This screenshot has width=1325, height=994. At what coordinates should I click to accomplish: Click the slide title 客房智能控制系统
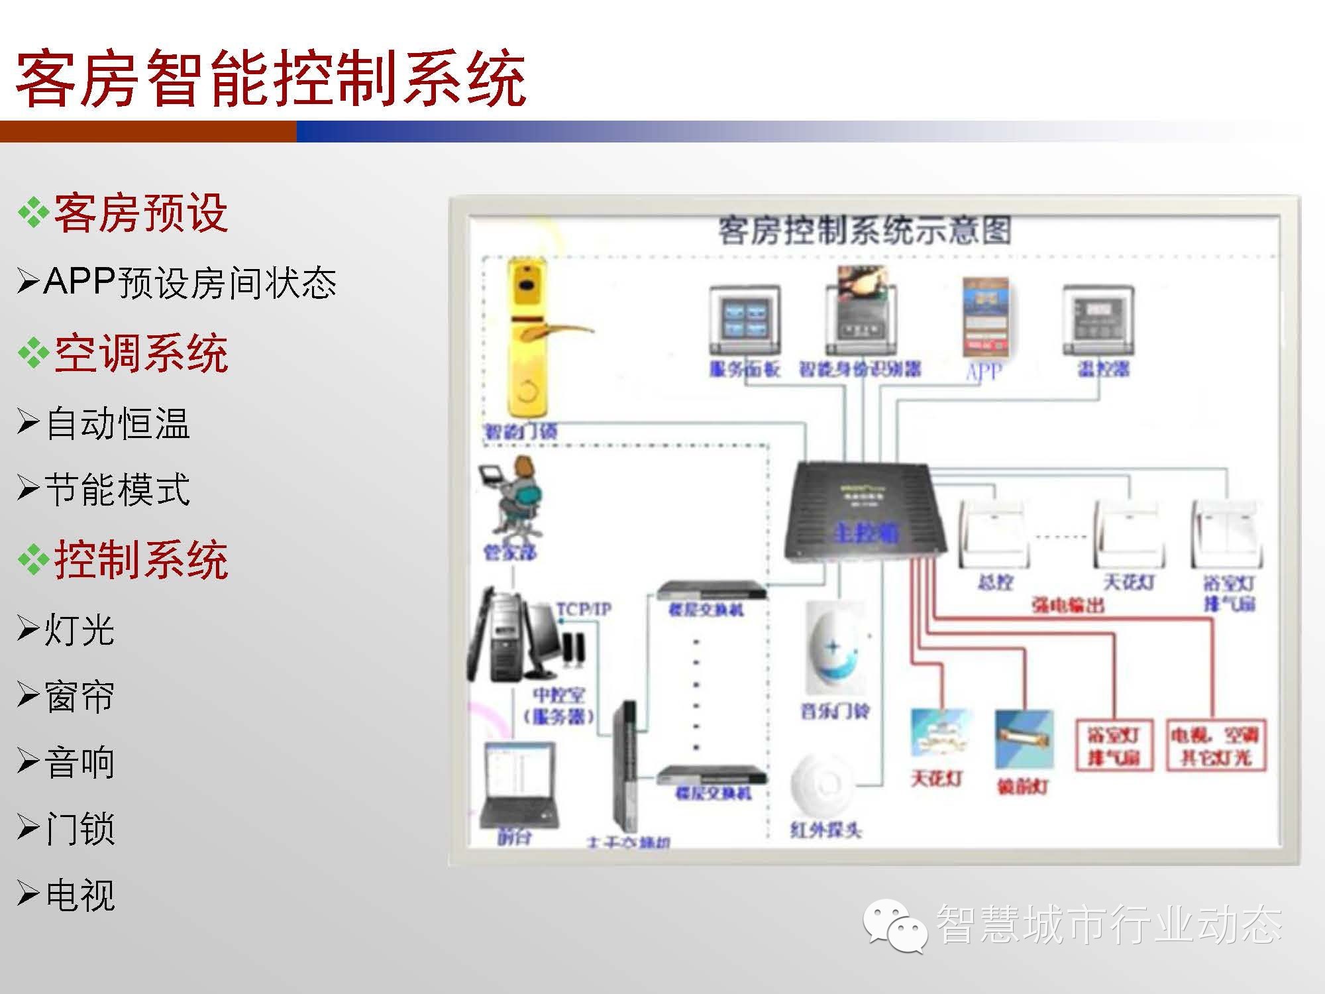click(x=270, y=78)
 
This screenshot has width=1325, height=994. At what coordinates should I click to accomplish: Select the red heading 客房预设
click(x=140, y=213)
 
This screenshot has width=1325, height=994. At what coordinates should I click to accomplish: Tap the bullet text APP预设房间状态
click(x=190, y=283)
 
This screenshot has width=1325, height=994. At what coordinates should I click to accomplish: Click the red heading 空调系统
click(x=140, y=353)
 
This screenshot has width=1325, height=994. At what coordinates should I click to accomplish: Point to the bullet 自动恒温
click(x=117, y=423)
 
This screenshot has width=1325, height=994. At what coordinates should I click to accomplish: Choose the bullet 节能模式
click(x=117, y=490)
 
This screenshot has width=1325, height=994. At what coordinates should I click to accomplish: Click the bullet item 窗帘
click(x=79, y=696)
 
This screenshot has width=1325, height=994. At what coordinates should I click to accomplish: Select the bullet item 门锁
click(x=79, y=829)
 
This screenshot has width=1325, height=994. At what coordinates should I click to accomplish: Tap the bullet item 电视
click(x=79, y=895)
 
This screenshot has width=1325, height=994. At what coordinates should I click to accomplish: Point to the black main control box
click(x=861, y=514)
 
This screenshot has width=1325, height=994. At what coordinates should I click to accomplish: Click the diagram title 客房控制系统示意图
click(x=865, y=231)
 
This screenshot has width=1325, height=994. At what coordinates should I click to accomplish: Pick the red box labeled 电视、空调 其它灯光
click(x=1216, y=745)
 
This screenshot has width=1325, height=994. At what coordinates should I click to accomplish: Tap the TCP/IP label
click(x=584, y=609)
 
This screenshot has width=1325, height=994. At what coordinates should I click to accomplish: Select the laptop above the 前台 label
click(x=518, y=785)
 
